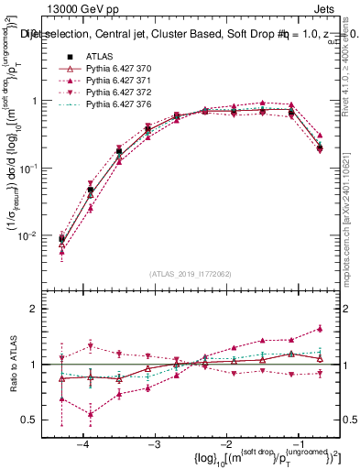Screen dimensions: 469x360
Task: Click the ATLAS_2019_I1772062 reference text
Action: pos(190,274)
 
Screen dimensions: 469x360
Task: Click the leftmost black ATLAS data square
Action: pos(61,239)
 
